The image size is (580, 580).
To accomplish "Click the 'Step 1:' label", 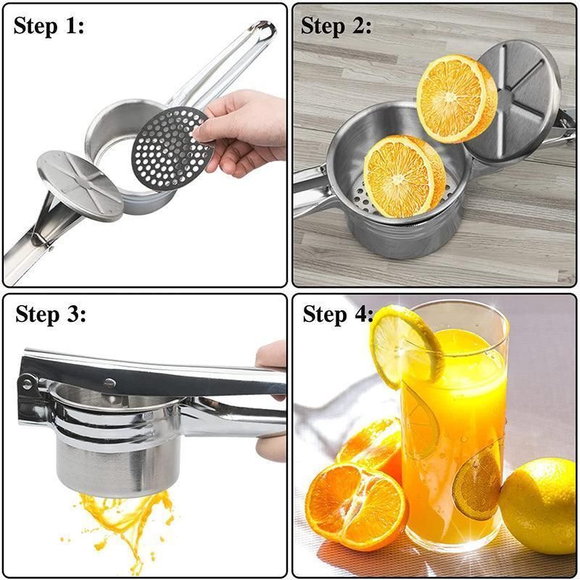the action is click(x=49, y=27).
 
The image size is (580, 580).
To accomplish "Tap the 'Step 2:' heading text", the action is click(x=336, y=27).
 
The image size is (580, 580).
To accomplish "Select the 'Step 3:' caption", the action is click(x=51, y=315).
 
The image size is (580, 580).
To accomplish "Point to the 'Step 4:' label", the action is click(x=338, y=315).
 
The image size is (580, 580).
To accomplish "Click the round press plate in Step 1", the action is click(x=80, y=185).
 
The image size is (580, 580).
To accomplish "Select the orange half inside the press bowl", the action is click(x=404, y=176).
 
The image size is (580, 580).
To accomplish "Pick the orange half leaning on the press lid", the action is click(x=456, y=98).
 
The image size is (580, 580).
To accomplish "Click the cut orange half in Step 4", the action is click(x=356, y=507).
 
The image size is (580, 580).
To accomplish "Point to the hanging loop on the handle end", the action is click(x=263, y=30).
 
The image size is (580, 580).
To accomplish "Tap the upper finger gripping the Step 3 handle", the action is click(x=271, y=355).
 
